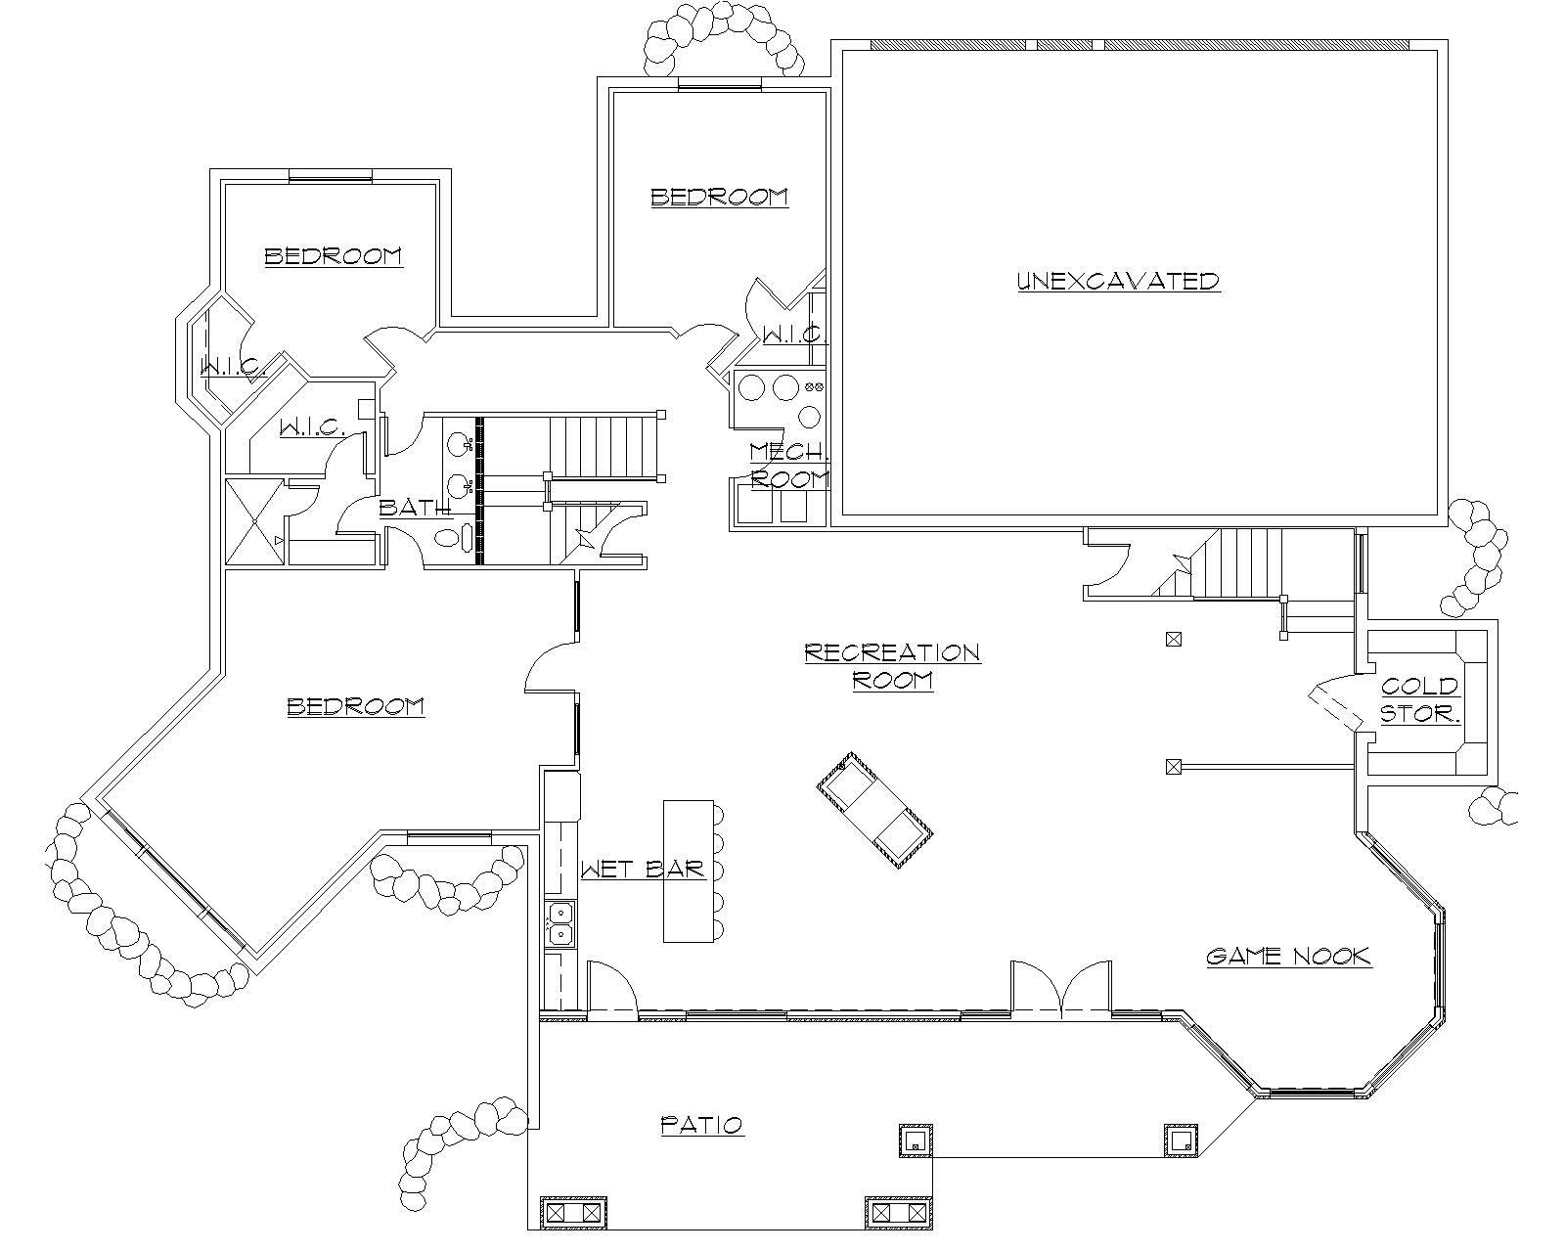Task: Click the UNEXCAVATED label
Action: point(1118,282)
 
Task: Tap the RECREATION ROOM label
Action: point(892,666)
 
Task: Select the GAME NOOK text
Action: point(1288,957)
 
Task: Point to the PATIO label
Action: point(702,1125)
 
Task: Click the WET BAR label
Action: point(643,870)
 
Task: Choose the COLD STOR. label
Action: point(1419,700)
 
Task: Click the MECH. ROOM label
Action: point(789,465)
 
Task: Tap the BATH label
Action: point(415,508)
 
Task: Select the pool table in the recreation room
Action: point(875,810)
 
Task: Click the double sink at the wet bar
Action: point(561,924)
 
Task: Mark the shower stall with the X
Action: point(255,521)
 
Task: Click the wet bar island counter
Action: point(690,871)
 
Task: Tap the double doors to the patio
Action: point(1060,988)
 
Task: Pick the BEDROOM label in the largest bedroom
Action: point(355,707)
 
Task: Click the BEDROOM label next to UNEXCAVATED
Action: point(719,198)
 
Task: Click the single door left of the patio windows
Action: point(612,988)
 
